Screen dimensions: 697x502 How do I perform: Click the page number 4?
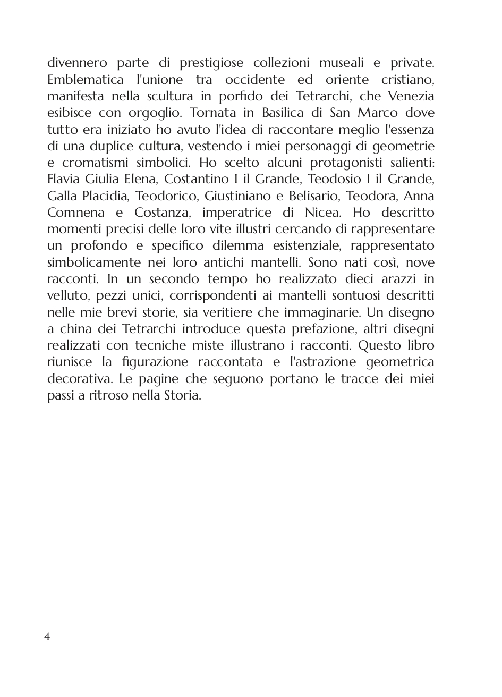tap(47, 636)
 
